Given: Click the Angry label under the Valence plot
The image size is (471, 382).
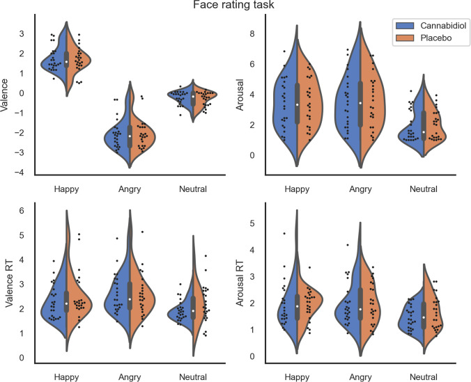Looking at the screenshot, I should pos(129,189).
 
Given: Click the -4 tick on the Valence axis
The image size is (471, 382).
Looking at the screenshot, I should pos(23,173).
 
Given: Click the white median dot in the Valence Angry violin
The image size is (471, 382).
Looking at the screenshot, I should pos(130,136).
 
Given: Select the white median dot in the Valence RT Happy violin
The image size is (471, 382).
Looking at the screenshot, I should pos(67,303).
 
